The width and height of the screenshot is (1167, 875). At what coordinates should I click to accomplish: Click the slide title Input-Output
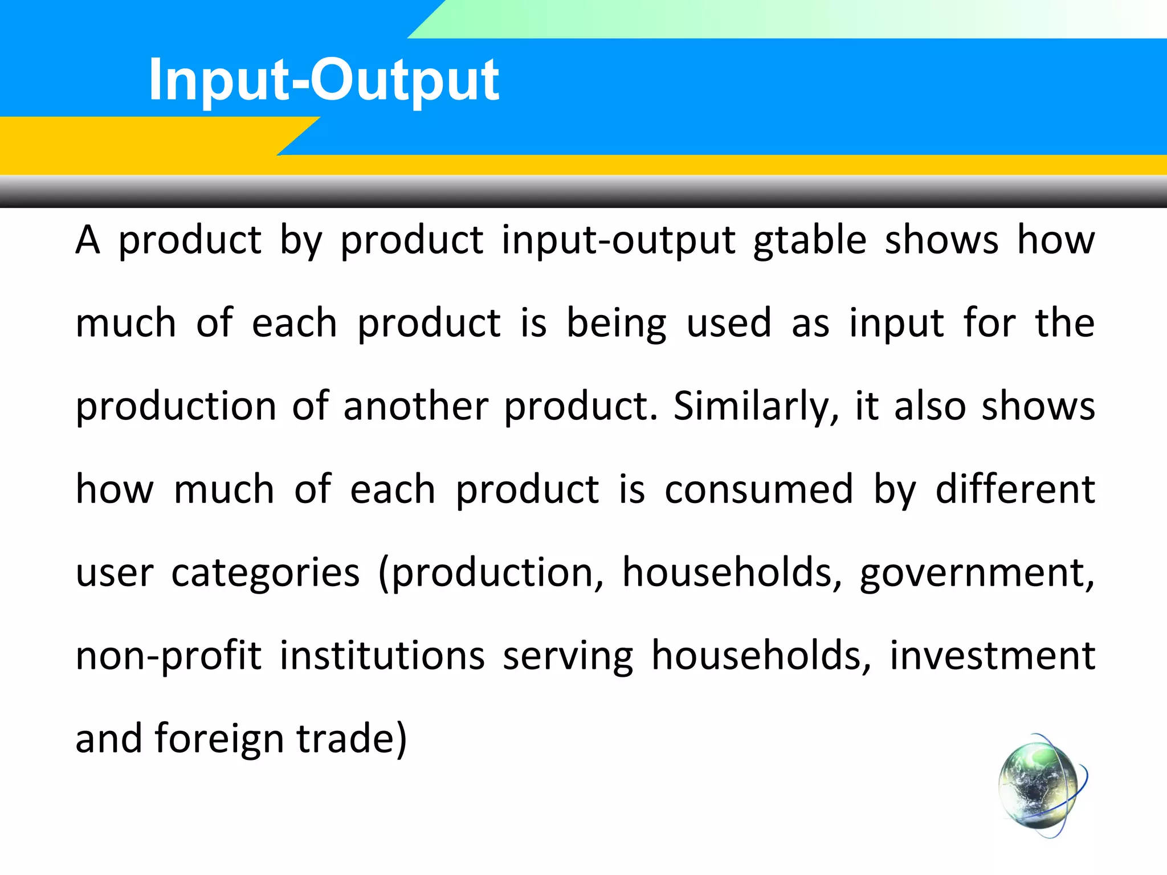point(323,81)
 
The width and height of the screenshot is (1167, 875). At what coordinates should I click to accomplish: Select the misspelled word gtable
point(810,240)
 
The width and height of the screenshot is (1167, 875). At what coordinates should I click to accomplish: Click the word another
point(415,407)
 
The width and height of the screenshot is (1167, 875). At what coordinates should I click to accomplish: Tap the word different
point(1015,489)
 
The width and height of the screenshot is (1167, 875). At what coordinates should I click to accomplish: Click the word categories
point(266,573)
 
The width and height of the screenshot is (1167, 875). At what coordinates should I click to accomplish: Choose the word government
point(977,573)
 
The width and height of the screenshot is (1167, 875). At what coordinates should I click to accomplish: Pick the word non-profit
point(168,656)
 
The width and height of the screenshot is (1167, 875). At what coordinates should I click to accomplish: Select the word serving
point(568,656)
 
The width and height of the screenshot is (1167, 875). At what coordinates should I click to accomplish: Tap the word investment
point(992,656)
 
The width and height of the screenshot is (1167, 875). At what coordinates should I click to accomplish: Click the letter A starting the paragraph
point(88,240)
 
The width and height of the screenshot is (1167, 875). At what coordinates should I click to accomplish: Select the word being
point(616,324)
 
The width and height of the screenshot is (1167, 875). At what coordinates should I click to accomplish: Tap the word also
point(929,407)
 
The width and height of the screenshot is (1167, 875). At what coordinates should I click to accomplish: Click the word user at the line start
point(114,573)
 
